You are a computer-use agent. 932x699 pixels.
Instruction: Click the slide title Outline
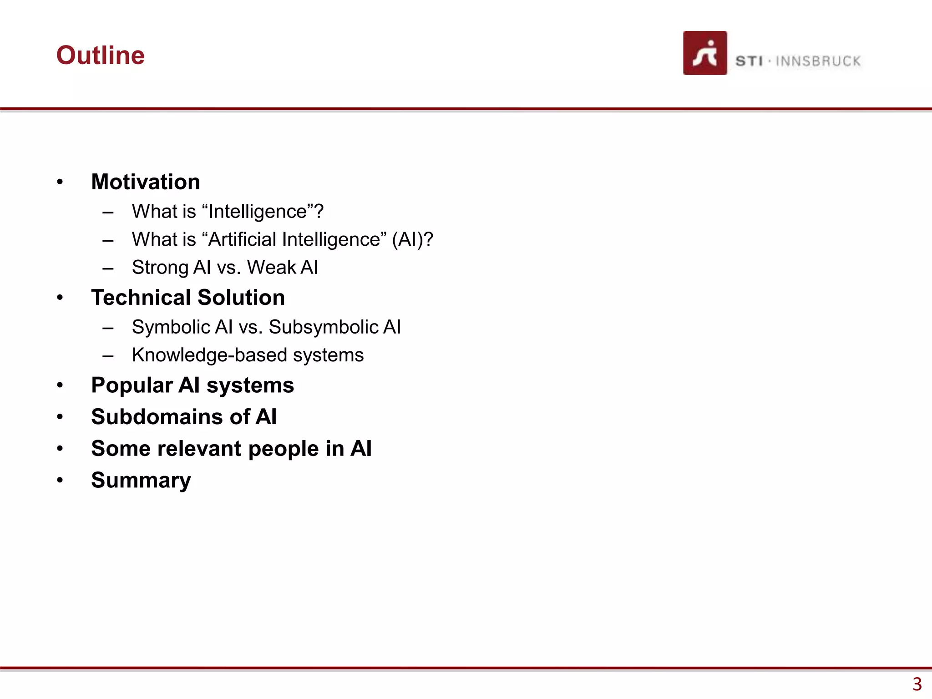pyautogui.click(x=100, y=56)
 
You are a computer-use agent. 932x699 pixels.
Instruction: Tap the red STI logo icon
pyautogui.click(x=704, y=53)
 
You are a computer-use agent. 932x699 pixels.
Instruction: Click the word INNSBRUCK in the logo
pyautogui.click(x=818, y=61)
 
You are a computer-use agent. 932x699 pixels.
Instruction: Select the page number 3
pyautogui.click(x=917, y=684)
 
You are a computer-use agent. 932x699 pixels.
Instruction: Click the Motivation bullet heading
pyautogui.click(x=146, y=182)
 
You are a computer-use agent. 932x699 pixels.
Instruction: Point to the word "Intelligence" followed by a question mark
pyautogui.click(x=262, y=212)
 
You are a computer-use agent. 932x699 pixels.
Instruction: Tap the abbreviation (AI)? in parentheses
pyautogui.click(x=412, y=239)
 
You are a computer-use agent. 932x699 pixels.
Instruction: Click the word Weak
pyautogui.click(x=272, y=268)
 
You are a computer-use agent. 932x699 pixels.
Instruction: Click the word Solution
pyautogui.click(x=242, y=298)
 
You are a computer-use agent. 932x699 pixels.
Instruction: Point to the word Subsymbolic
pyautogui.click(x=324, y=327)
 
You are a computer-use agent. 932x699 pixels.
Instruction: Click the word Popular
pyautogui.click(x=132, y=386)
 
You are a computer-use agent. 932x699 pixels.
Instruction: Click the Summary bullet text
pyautogui.click(x=141, y=481)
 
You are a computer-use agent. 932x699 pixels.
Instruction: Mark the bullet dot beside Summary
pyautogui.click(x=60, y=481)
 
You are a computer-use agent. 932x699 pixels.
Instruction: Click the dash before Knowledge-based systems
pyautogui.click(x=108, y=356)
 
